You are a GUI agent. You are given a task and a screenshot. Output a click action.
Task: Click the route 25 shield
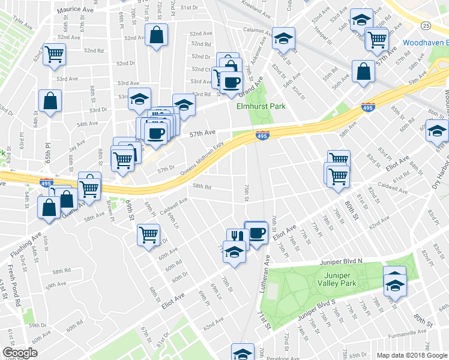coord(426,25)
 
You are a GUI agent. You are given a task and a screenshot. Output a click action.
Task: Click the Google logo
coord(20,353)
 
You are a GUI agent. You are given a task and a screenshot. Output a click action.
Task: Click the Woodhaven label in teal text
coord(425,43)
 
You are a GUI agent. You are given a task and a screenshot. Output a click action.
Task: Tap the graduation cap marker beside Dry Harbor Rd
coord(436,130)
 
